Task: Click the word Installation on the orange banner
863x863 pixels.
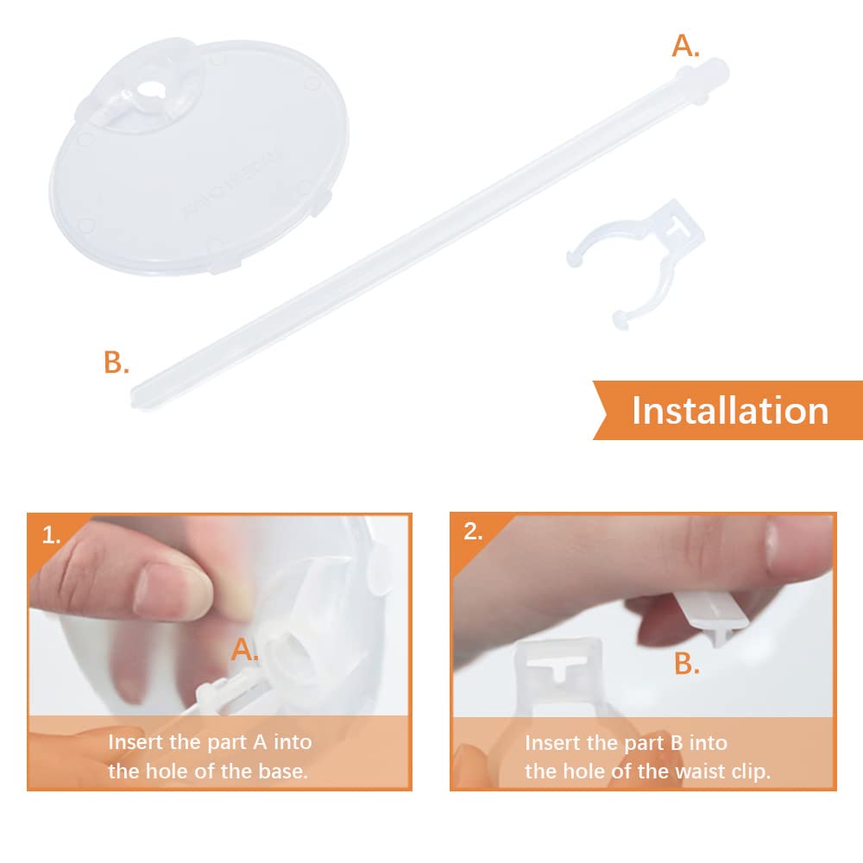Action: (730, 411)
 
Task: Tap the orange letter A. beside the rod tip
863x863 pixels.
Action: (685, 46)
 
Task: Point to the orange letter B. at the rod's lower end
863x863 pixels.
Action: (117, 362)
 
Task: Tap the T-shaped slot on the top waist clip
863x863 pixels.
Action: (678, 226)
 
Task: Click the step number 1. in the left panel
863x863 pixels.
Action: (51, 536)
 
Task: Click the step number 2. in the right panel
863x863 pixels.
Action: (473, 532)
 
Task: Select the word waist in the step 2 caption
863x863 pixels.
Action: (700, 771)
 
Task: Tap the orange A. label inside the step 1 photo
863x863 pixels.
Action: (244, 650)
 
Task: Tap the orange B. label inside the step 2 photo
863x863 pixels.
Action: (687, 664)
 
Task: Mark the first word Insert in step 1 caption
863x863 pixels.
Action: (135, 742)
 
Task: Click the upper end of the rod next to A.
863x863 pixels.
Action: (715, 69)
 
